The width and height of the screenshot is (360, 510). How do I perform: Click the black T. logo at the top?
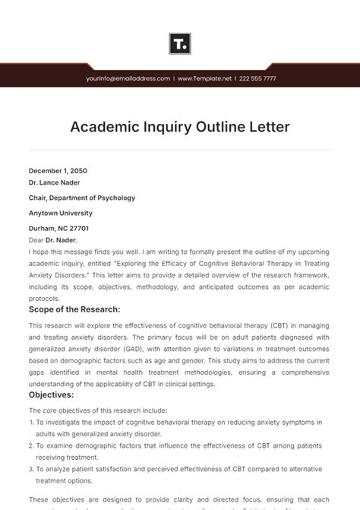tap(180, 43)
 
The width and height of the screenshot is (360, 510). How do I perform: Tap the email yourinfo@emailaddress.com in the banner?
tap(128, 78)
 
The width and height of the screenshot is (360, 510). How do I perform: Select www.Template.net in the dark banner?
tap(204, 78)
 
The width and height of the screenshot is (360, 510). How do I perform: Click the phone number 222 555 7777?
tap(257, 78)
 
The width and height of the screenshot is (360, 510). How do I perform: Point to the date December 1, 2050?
tap(58, 170)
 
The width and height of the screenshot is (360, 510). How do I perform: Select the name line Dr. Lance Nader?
tap(54, 182)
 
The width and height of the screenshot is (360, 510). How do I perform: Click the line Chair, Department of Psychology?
tap(82, 198)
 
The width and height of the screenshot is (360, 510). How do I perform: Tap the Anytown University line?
tap(61, 214)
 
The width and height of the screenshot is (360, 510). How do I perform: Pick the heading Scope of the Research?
tap(74, 309)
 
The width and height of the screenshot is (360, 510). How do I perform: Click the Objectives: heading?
tap(51, 395)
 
